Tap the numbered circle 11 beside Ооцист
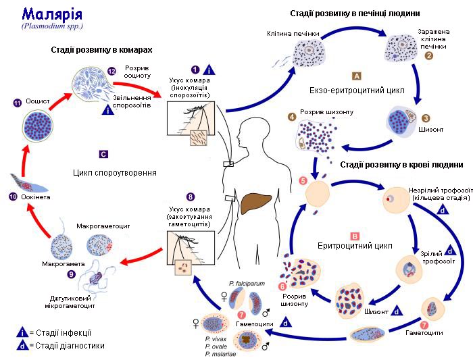click(18, 103)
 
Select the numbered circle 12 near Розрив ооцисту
click(112, 71)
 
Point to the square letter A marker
click(357, 76)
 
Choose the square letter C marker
click(103, 153)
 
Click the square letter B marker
click(355, 236)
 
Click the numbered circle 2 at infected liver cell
click(428, 56)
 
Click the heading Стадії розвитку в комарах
click(101, 50)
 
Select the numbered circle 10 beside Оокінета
click(12, 197)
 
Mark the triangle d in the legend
click(24, 345)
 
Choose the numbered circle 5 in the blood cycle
click(303, 182)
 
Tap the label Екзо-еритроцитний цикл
click(349, 89)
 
